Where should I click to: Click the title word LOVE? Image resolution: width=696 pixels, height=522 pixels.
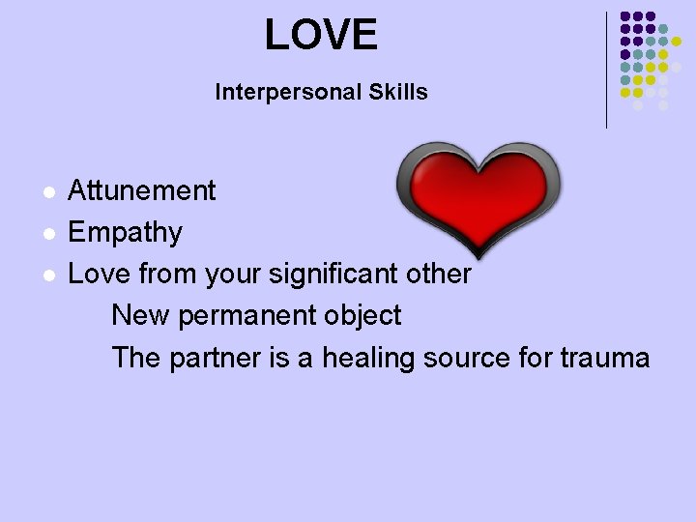tap(321, 36)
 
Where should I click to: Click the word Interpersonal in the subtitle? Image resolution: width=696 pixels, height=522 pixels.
tap(276, 93)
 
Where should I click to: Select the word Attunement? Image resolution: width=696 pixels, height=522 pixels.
tap(142, 190)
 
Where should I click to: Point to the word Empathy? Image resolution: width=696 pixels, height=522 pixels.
tap(126, 233)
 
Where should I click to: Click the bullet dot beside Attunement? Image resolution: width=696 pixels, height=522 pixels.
tap(45, 191)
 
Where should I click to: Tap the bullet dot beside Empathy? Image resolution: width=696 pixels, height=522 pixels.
tap(45, 234)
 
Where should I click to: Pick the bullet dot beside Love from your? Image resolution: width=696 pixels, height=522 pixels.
tap(45, 275)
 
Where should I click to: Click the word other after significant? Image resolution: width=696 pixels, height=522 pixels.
tap(439, 275)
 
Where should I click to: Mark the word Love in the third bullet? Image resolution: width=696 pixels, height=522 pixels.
tap(100, 275)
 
